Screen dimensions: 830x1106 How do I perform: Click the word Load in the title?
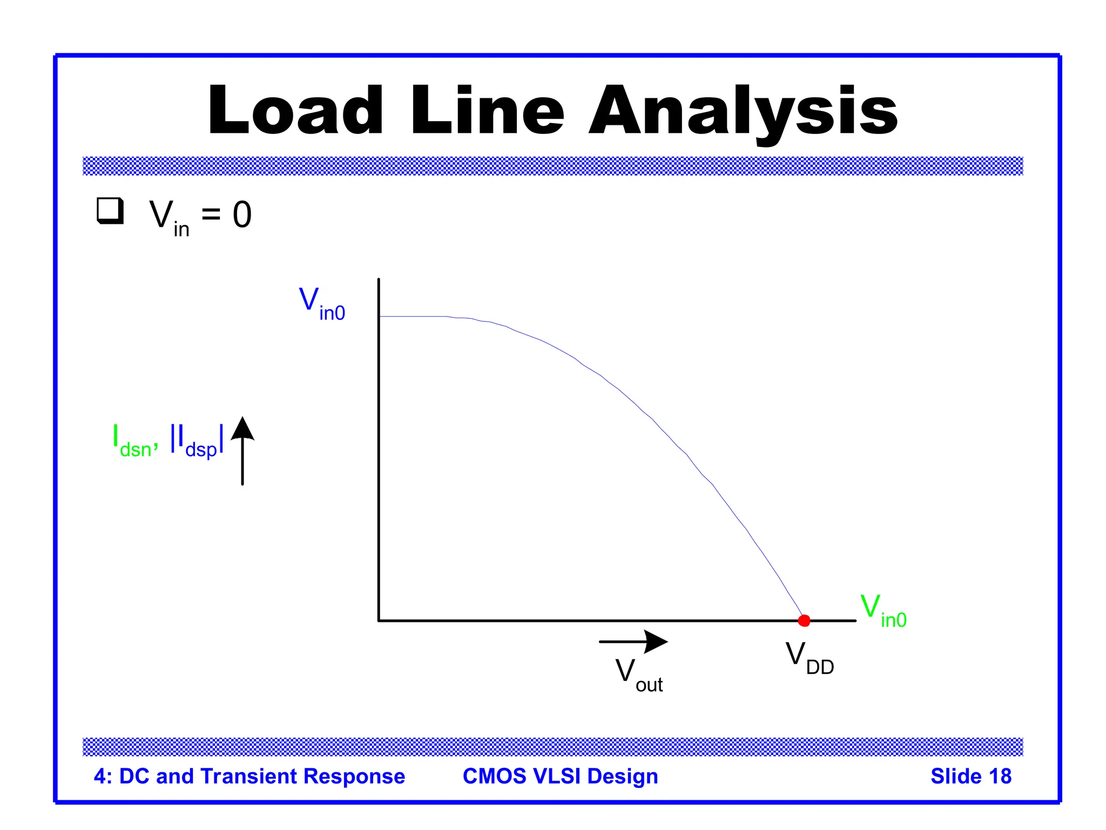pos(295,111)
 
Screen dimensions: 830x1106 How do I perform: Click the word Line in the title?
pos(487,111)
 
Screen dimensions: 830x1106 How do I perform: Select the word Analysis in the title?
pos(743,111)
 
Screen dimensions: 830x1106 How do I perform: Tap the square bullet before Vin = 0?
pos(110,211)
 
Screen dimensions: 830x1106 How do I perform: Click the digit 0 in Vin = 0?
pos(242,215)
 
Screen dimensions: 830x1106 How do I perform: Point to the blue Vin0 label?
pos(322,304)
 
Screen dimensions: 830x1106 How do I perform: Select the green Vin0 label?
pos(882,611)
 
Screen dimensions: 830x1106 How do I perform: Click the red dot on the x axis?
pos(804,620)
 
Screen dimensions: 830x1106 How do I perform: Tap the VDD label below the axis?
pos(809,658)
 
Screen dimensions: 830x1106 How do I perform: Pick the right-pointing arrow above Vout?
pos(633,641)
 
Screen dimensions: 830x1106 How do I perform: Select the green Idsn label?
pos(134,441)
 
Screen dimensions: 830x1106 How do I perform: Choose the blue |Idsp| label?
pos(197,441)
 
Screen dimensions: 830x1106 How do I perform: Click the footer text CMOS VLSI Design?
pos(560,776)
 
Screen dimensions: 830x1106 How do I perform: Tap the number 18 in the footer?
pos(1000,776)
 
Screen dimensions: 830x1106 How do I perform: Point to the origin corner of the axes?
pos(379,620)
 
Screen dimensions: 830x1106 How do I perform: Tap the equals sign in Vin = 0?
pos(211,215)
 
